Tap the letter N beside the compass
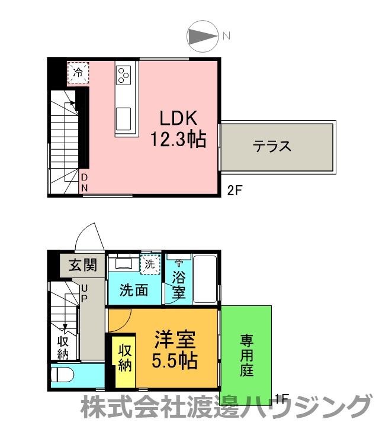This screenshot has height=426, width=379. (x=226, y=35)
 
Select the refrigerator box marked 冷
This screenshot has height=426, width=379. (x=78, y=72)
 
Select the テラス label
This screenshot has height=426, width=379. (x=272, y=146)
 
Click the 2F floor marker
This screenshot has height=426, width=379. (x=235, y=190)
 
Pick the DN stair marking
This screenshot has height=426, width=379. (x=84, y=183)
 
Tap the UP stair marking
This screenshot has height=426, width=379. (x=84, y=292)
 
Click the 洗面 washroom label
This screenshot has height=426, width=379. (x=134, y=290)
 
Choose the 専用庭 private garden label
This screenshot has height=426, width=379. (x=246, y=355)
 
